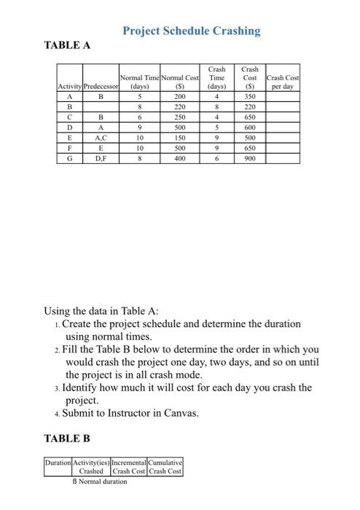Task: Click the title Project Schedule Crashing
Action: coord(191,31)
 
